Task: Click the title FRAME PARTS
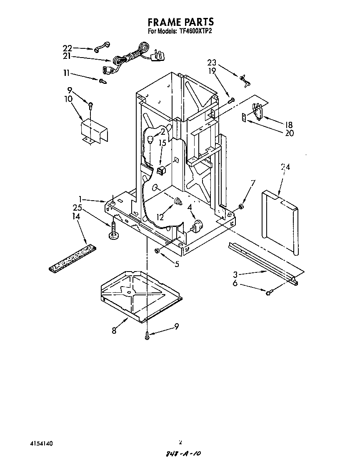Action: [x=180, y=22]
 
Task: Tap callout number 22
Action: [x=67, y=48]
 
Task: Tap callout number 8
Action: [x=114, y=330]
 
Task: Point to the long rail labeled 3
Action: [x=262, y=263]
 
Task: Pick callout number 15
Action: [x=162, y=143]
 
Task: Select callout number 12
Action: [x=160, y=217]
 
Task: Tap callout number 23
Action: [x=212, y=63]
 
